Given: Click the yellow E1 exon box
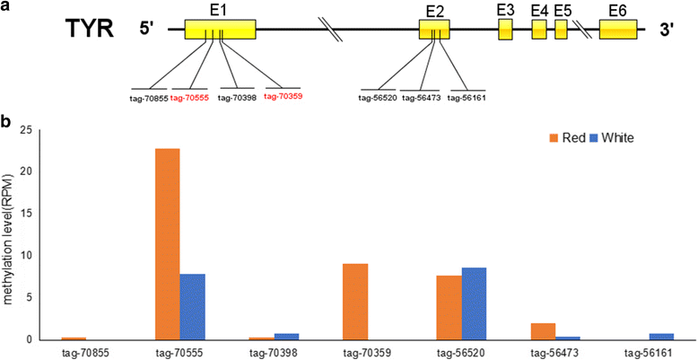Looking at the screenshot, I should point(220,29).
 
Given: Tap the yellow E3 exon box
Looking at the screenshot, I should point(506,29).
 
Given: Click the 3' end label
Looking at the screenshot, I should point(667,30).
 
